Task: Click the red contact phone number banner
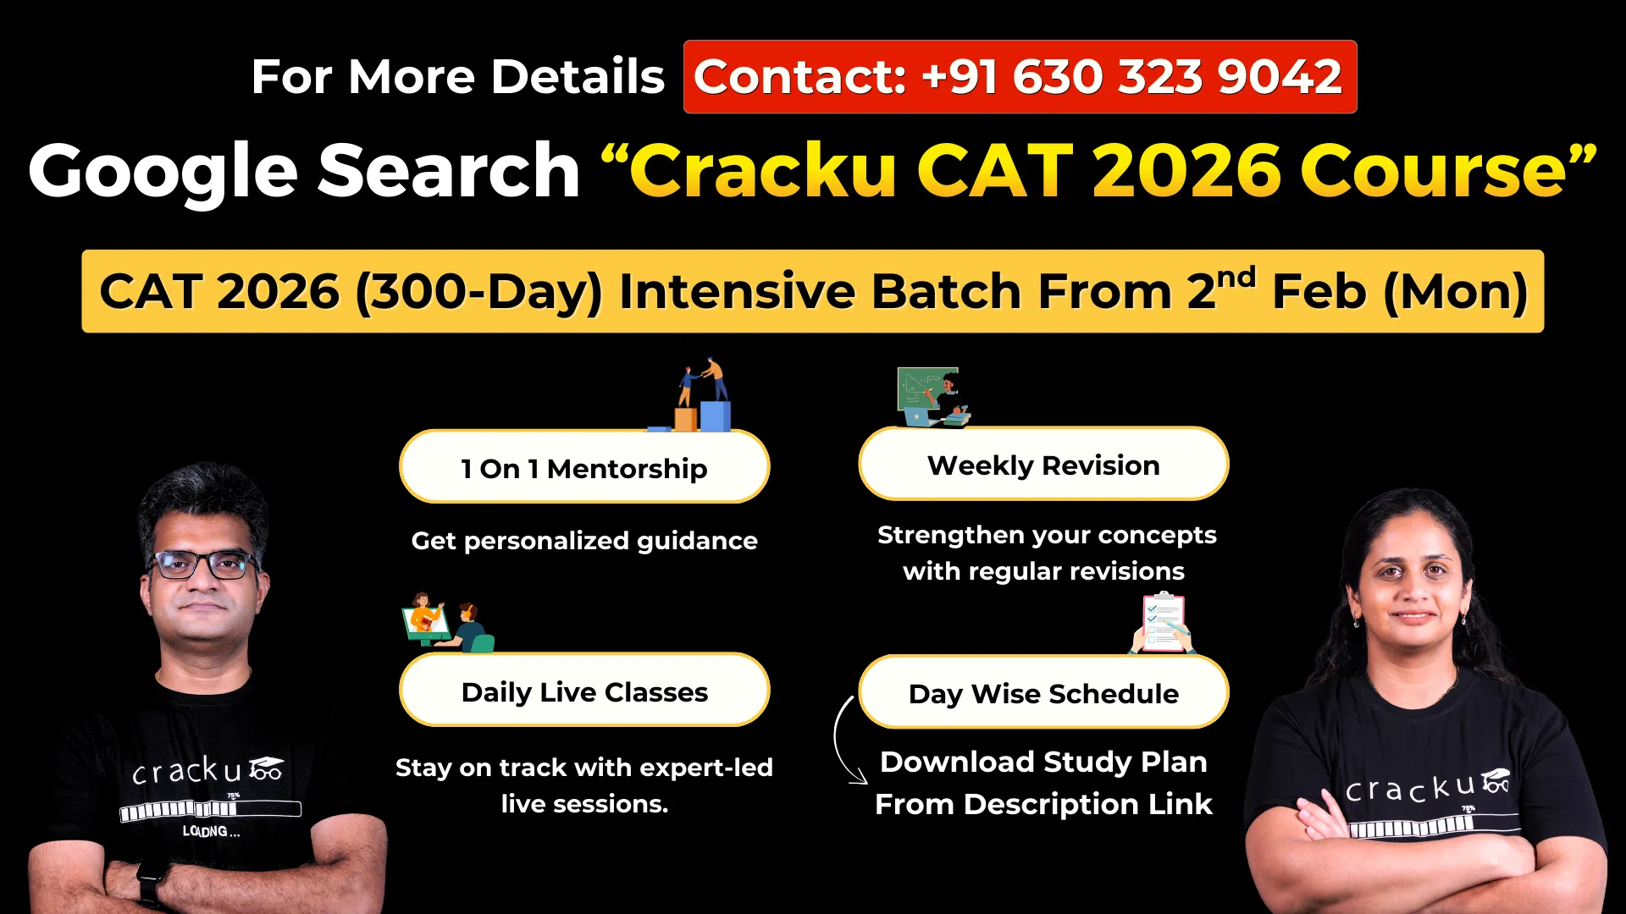tap(1019, 77)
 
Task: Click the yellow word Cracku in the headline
tap(762, 172)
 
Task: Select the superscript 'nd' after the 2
tap(1236, 278)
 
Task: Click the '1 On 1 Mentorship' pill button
tap(584, 468)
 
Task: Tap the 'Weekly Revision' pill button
tap(1043, 465)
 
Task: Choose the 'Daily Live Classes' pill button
tap(584, 691)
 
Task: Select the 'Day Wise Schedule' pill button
tap(1043, 693)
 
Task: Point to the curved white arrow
tap(843, 741)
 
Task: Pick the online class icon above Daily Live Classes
tap(447, 623)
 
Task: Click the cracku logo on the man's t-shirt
tap(207, 771)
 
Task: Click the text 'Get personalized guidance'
tap(584, 541)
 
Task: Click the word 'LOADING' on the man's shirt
tap(211, 831)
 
